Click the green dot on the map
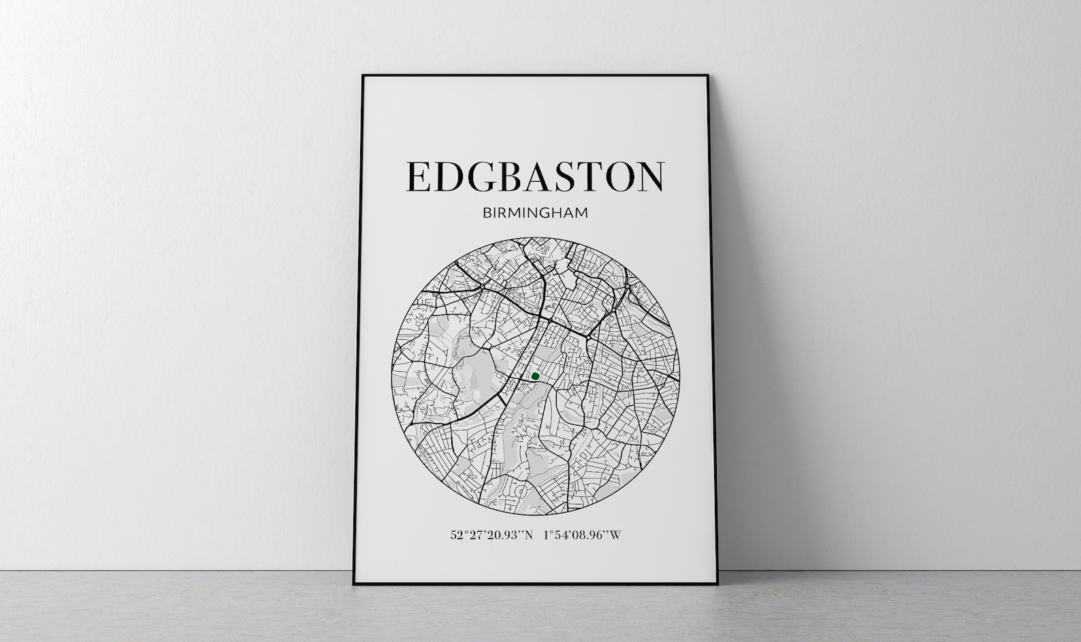click(x=535, y=376)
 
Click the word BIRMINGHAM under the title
click(x=535, y=213)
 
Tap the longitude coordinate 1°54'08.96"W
click(x=583, y=535)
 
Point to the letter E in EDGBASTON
click(x=418, y=176)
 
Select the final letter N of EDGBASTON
click(x=649, y=176)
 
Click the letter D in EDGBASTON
click(x=448, y=176)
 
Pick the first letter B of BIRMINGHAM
click(x=487, y=213)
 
